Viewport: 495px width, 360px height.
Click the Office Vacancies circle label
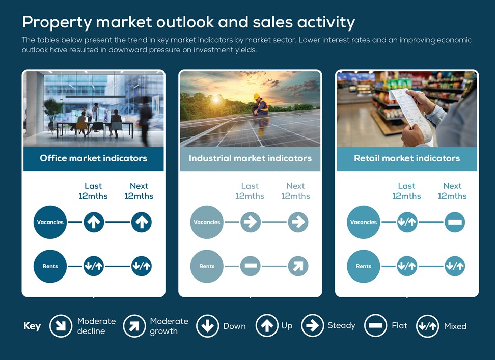point(50,222)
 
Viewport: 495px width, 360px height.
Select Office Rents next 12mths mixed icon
point(142,266)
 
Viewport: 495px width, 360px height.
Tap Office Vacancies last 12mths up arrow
point(94,222)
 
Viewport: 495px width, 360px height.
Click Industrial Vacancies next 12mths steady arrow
point(298,222)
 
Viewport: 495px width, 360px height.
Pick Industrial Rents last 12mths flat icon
point(251,266)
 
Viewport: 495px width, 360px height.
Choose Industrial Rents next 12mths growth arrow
point(298,266)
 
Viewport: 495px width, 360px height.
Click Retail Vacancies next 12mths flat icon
point(455,222)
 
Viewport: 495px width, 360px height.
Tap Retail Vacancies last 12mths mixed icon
point(407,222)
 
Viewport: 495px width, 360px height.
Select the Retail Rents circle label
point(364,266)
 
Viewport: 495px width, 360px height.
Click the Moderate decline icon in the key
point(61,325)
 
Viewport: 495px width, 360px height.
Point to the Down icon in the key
point(207,325)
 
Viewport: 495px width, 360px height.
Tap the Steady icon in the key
point(313,325)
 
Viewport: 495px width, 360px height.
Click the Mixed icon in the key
point(427,326)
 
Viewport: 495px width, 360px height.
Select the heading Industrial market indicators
point(250,158)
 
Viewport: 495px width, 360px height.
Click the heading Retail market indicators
point(407,158)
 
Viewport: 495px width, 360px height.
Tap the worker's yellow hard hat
point(257,96)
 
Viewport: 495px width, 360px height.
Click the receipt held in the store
point(409,114)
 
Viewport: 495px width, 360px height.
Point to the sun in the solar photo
point(216,100)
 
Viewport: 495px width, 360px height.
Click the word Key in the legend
point(32,326)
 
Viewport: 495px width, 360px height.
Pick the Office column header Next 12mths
point(139,191)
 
